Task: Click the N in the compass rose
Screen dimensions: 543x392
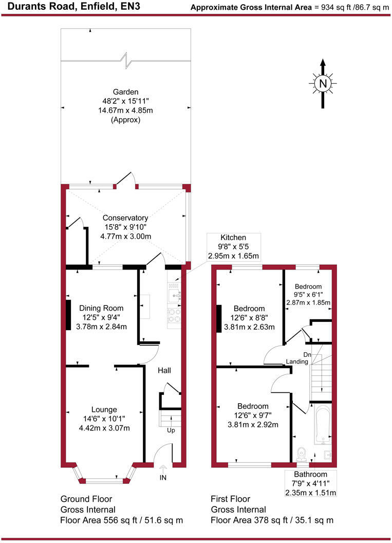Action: [x=323, y=83]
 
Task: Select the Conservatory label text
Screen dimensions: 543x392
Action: [x=125, y=218]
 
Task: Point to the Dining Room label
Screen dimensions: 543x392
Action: [x=101, y=308]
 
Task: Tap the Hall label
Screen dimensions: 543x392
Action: [x=164, y=370]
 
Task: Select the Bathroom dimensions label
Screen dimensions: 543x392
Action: [x=310, y=483]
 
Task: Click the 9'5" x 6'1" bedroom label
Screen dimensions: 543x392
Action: [x=308, y=295]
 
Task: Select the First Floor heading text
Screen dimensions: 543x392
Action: [x=230, y=499]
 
